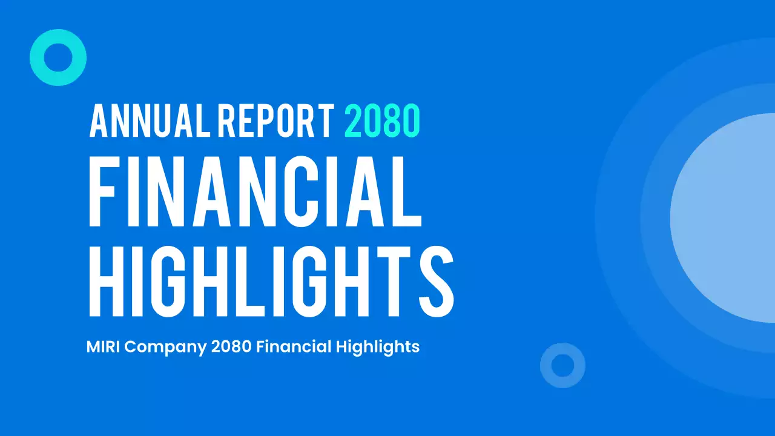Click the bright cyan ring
coord(58,58)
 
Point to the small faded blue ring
coord(562,365)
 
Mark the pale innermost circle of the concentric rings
coord(727,218)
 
